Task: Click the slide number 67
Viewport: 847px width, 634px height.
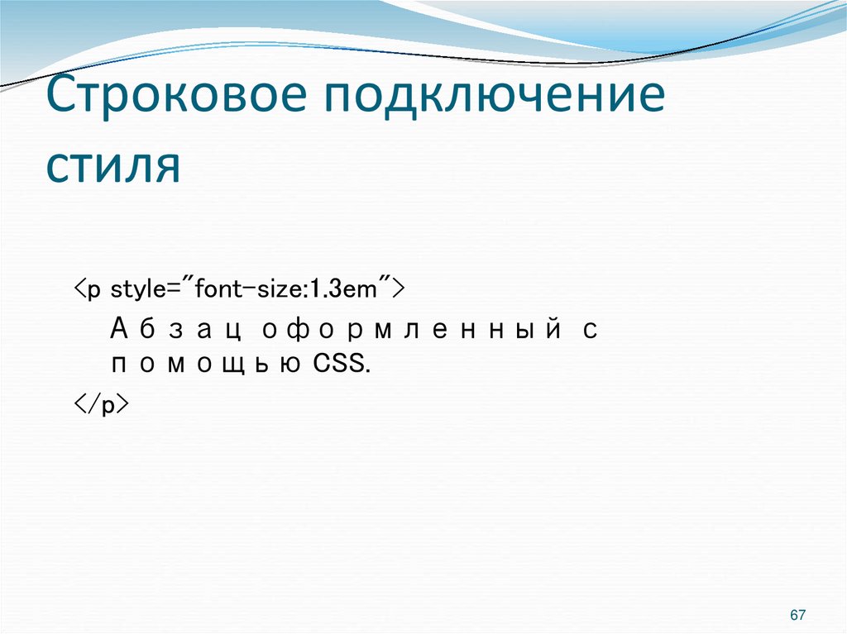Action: [798, 615]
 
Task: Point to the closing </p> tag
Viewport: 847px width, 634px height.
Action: [99, 406]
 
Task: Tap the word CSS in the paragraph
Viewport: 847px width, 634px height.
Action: [337, 365]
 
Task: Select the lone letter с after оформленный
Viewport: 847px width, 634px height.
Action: [589, 330]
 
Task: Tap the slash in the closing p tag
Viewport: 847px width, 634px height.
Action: [93, 406]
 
